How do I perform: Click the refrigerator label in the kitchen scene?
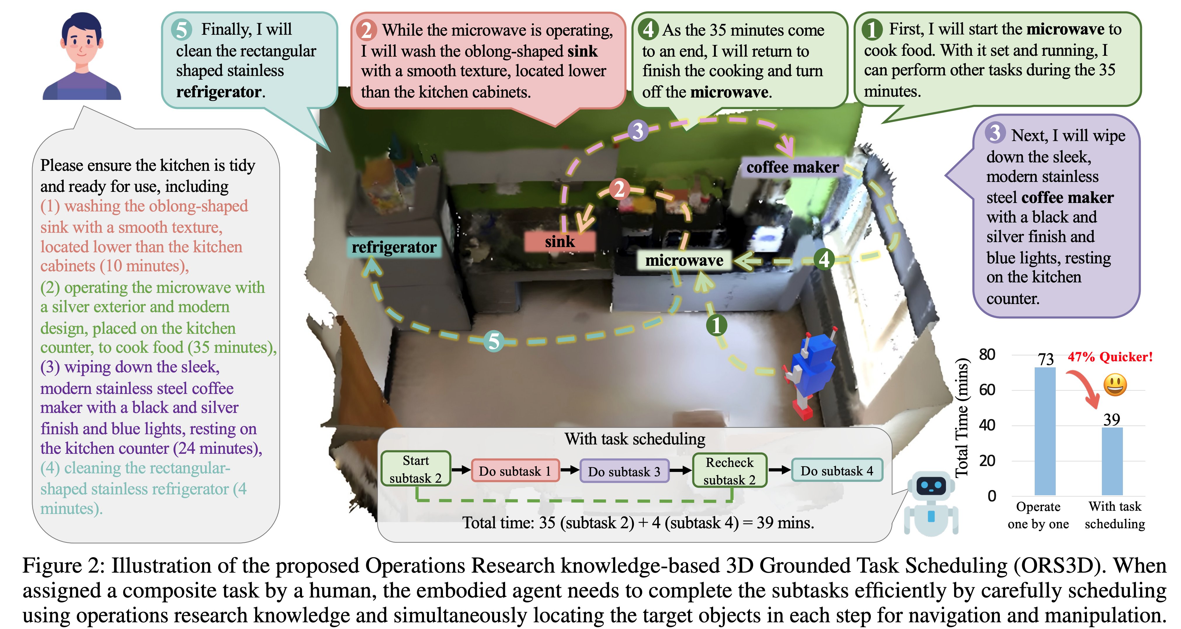point(394,247)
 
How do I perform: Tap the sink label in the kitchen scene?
point(560,241)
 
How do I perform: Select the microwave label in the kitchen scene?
point(684,260)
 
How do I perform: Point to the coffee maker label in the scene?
point(792,167)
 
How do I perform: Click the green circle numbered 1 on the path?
point(717,326)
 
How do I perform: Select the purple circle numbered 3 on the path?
point(638,131)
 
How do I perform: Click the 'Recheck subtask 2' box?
point(730,471)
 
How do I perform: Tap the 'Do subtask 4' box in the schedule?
point(837,471)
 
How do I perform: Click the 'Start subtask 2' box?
point(416,469)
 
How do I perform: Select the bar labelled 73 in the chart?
point(1045,431)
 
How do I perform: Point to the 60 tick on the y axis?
point(987,390)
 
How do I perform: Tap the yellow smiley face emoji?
point(1115,385)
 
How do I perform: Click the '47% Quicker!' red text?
point(1110,357)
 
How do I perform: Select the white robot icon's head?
point(931,486)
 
